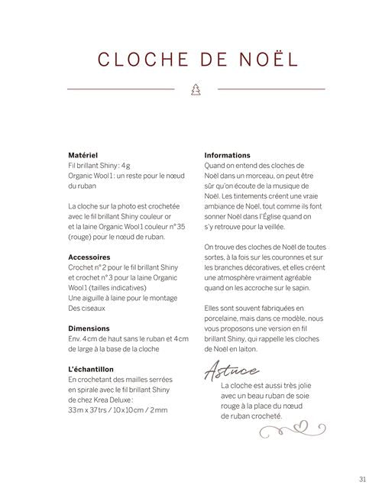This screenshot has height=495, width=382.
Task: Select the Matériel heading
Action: point(83,155)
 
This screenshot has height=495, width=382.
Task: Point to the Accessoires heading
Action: point(89,257)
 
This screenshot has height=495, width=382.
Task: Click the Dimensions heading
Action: point(89,328)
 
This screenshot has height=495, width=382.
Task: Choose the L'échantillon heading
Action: point(92,370)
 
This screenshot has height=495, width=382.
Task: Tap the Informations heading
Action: point(228,155)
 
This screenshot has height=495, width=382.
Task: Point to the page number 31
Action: point(362,480)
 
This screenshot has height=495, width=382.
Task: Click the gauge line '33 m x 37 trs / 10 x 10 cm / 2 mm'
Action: point(118,411)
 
